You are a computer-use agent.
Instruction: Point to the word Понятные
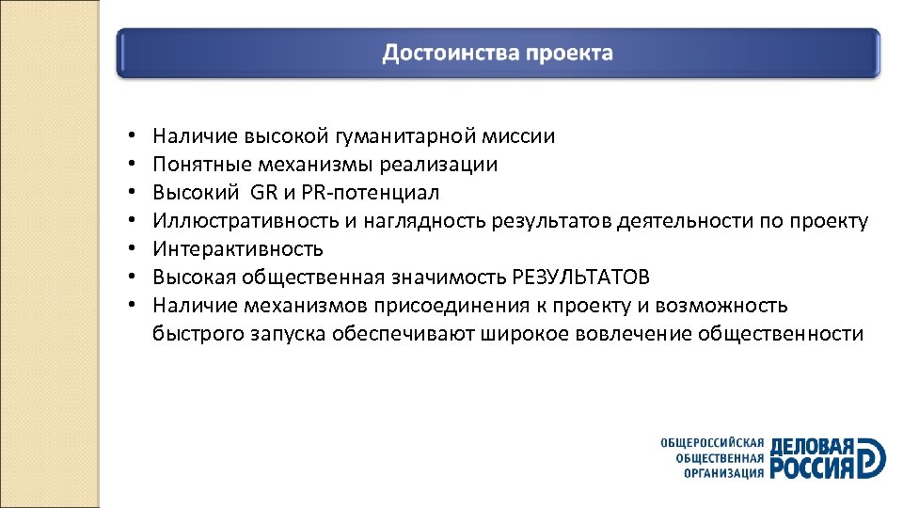pyautogui.click(x=198, y=165)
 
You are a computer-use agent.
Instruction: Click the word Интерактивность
pyautogui.click(x=238, y=249)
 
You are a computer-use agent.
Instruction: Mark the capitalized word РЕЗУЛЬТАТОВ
pyautogui.click(x=580, y=278)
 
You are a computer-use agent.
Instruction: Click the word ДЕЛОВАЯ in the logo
pyautogui.click(x=812, y=446)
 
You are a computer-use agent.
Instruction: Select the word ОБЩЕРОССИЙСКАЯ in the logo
pyautogui.click(x=711, y=442)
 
